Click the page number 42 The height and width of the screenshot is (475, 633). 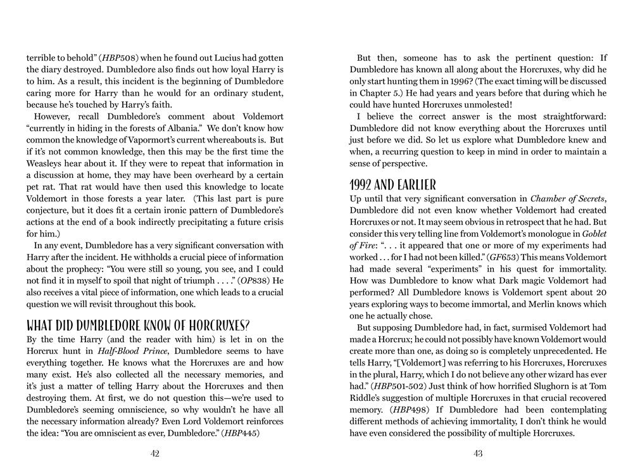click(x=154, y=453)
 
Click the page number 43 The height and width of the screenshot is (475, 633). click(x=478, y=453)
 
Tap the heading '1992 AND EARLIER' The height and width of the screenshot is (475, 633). click(x=392, y=185)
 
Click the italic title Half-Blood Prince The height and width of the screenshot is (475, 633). click(x=131, y=353)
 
